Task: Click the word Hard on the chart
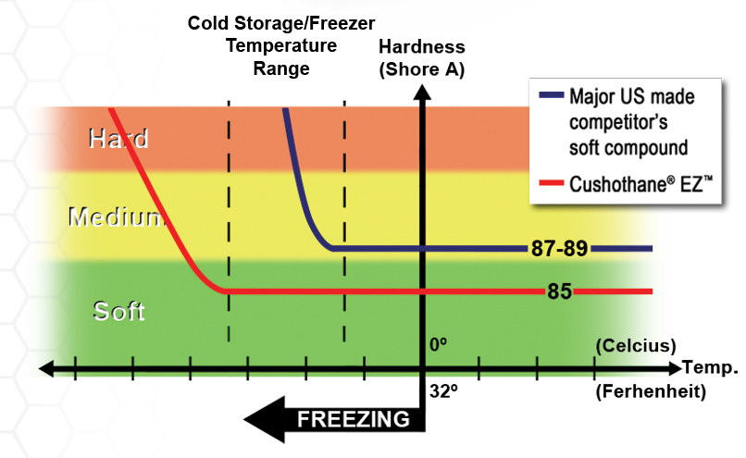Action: tap(118, 139)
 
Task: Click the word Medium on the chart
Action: tap(116, 217)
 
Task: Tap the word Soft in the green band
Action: tap(119, 310)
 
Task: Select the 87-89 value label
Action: tap(559, 249)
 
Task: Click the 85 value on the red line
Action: tap(559, 291)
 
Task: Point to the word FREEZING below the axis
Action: tap(353, 419)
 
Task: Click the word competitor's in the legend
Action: tap(616, 121)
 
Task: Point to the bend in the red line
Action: tap(223, 290)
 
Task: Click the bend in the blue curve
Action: tap(329, 246)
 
